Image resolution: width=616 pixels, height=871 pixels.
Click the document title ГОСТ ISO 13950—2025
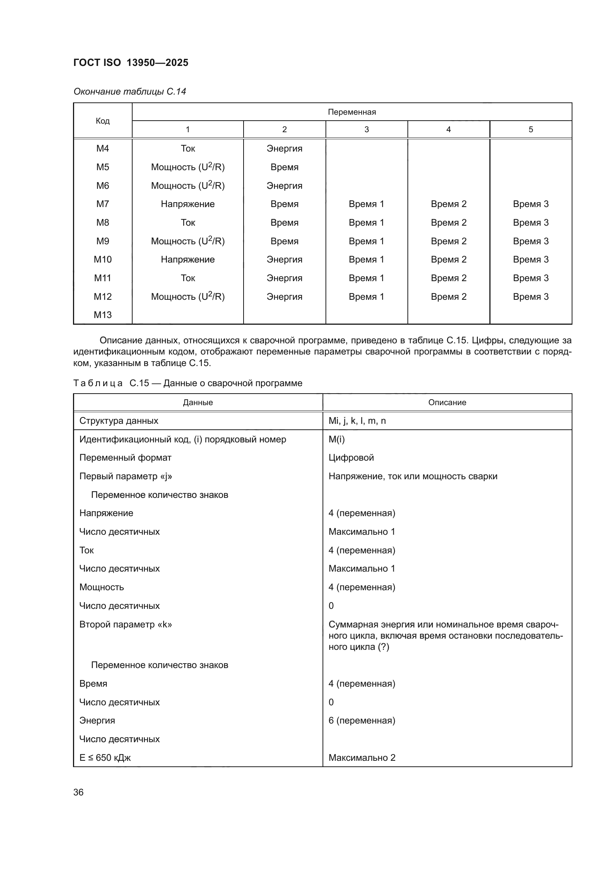pos(130,63)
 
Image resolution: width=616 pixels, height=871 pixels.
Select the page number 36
pos(79,792)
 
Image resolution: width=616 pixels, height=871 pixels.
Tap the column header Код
pos(102,121)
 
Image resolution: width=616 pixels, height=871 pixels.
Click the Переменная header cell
pos(352,112)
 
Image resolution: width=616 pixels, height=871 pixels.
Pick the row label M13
pos(102,315)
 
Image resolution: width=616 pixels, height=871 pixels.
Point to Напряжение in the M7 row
pos(187,204)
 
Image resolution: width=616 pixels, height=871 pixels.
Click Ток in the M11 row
pos(187,278)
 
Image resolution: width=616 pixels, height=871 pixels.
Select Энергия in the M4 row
pos(284,148)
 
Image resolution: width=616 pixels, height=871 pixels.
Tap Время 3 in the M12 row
pos(530,297)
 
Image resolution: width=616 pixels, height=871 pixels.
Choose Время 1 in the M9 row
pos(366,241)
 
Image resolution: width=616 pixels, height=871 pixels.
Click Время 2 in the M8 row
pos(448,223)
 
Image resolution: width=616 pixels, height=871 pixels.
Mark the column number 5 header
pos(530,129)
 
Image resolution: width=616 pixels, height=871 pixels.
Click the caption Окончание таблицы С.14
pos(130,92)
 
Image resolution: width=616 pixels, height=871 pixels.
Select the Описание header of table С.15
pos(447,403)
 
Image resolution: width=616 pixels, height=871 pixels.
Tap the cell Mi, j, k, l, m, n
pos(357,421)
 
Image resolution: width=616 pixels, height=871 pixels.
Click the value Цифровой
pos(351,458)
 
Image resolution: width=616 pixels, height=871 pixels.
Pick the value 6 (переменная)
pos(362,721)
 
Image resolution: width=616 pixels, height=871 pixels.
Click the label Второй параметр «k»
pos(125,624)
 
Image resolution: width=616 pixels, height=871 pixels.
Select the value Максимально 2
pos(362,757)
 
